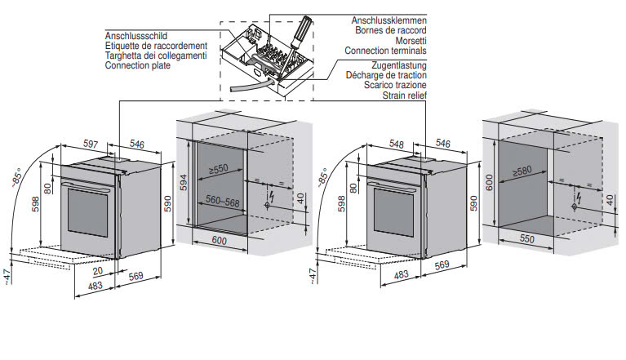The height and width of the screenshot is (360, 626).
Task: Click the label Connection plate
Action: (138, 65)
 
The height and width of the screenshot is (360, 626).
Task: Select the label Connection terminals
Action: (388, 51)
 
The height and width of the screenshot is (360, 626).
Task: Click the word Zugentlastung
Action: (397, 65)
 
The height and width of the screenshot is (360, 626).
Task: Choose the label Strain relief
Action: (405, 95)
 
